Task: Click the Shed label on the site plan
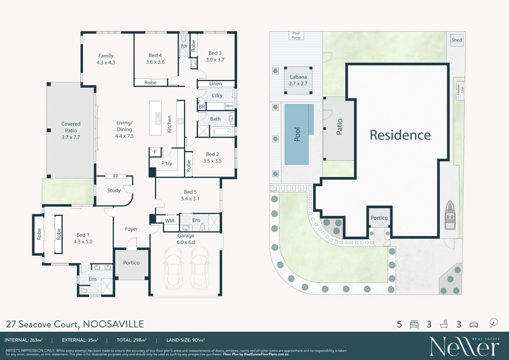(x=457, y=40)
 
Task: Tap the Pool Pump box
(x=296, y=35)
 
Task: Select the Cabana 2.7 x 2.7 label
(x=298, y=80)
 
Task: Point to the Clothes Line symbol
(x=460, y=89)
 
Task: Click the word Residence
(x=400, y=135)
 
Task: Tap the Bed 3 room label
(x=215, y=56)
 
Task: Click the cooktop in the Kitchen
(x=180, y=121)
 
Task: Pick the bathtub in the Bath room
(x=222, y=132)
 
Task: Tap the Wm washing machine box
(x=229, y=106)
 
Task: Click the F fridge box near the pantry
(x=155, y=152)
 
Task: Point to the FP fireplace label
(x=116, y=176)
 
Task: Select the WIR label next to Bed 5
(x=170, y=221)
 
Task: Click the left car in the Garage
(x=173, y=268)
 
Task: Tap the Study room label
(x=114, y=190)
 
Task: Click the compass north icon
(x=494, y=323)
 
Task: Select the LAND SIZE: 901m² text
(x=185, y=340)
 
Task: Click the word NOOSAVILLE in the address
(x=113, y=324)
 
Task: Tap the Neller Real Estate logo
(x=464, y=347)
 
